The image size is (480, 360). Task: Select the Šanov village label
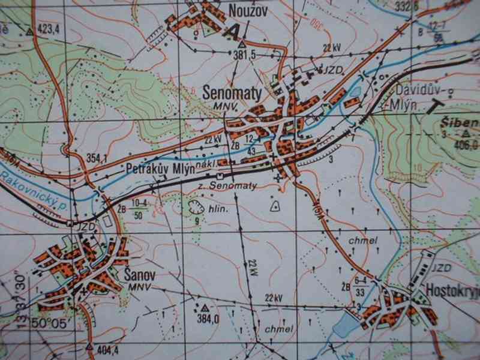[x=139, y=275]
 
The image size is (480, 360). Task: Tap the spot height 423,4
[x=50, y=28]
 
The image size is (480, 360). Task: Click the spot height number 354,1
[x=96, y=158]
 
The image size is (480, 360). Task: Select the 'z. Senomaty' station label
[x=227, y=186]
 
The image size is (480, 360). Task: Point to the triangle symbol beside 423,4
[x=28, y=29]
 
